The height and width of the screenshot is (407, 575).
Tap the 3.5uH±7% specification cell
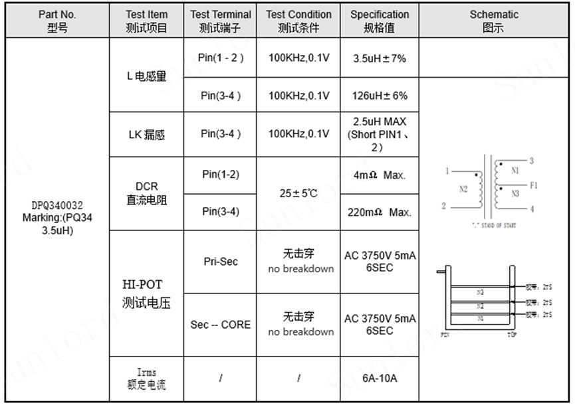point(379,58)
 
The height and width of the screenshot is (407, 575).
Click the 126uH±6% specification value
point(379,96)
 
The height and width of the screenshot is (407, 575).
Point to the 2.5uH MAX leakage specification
point(379,134)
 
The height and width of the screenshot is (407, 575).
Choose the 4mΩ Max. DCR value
point(380,176)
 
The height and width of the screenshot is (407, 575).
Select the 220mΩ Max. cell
point(380,212)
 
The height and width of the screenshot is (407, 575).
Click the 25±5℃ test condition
point(298,194)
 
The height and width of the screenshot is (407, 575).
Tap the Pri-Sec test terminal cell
point(220,262)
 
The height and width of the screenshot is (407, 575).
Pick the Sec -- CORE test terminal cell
point(220,325)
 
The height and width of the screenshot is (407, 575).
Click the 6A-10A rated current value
point(380,378)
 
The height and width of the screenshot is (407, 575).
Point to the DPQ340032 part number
point(57,206)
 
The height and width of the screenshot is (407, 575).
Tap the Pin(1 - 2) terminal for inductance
point(220,58)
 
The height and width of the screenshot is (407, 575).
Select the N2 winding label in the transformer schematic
point(463,189)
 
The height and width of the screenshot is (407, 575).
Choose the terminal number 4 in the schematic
point(531,209)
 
